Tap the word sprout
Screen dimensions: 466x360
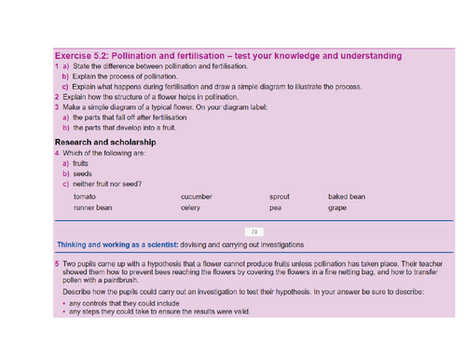coord(280,197)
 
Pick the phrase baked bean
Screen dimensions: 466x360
coord(346,197)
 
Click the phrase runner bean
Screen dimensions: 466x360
coord(92,208)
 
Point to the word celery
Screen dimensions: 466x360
coord(190,208)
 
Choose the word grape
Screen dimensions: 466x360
coord(337,208)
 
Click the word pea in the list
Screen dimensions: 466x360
coord(275,208)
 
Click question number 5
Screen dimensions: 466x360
coord(57,265)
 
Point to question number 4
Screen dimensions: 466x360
coord(57,152)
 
